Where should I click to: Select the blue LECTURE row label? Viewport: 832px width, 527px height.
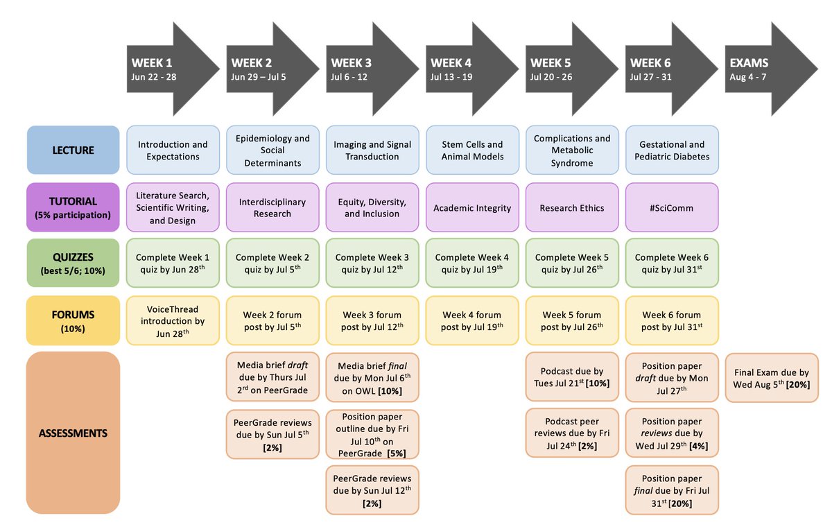click(x=73, y=150)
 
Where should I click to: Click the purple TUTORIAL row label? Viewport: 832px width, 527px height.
click(x=73, y=207)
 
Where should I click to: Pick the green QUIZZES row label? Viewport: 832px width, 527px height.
click(x=73, y=263)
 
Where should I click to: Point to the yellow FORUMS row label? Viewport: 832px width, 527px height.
click(x=73, y=320)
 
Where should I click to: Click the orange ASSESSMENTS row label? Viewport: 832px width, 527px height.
click(x=73, y=433)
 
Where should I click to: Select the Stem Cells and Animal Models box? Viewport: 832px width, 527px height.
click(x=471, y=150)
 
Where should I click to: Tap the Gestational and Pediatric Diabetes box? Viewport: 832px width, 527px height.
click(x=671, y=150)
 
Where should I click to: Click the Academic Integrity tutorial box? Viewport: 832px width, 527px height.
click(x=471, y=207)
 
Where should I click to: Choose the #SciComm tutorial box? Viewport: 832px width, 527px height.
click(x=671, y=207)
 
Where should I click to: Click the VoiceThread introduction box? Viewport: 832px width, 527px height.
click(x=173, y=320)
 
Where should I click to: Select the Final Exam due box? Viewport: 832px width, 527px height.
click(x=772, y=378)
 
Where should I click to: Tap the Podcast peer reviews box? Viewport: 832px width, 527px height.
click(x=571, y=433)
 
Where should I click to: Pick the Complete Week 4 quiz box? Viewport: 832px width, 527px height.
click(x=471, y=263)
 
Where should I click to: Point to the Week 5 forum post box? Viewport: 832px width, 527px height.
click(x=571, y=320)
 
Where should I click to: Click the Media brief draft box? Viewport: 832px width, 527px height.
click(x=272, y=378)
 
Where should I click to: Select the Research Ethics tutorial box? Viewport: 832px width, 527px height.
click(x=571, y=207)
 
